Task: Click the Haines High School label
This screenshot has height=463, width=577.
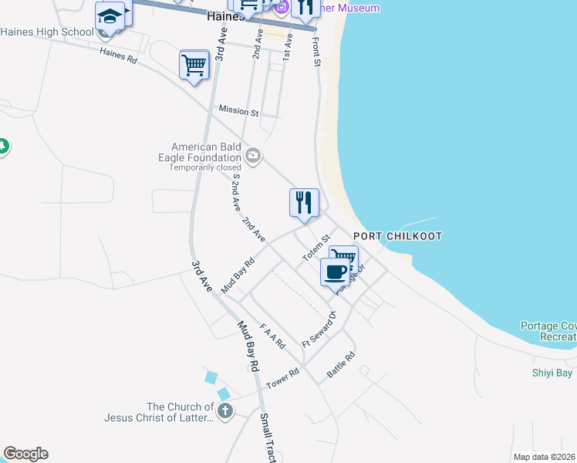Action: [46, 32]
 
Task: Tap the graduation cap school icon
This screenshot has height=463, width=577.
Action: [110, 16]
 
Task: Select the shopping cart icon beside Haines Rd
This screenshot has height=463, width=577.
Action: [194, 64]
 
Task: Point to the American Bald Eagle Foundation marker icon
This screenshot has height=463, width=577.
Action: [252, 157]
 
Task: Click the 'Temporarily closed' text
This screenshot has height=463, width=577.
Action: [205, 167]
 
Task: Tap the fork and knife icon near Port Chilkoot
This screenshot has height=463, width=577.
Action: [304, 203]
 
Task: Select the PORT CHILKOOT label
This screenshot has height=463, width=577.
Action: [398, 236]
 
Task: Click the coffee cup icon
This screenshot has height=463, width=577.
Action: [336, 272]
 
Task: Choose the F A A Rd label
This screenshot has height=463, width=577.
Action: [272, 335]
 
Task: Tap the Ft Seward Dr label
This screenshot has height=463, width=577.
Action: [320, 328]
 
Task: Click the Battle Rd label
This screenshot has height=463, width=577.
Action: [340, 364]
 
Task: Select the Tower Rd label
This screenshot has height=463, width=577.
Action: [282, 379]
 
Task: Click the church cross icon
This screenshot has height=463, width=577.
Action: [224, 410]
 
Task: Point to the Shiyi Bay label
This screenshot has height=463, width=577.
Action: [552, 373]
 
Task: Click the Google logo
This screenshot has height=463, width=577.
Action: [25, 454]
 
